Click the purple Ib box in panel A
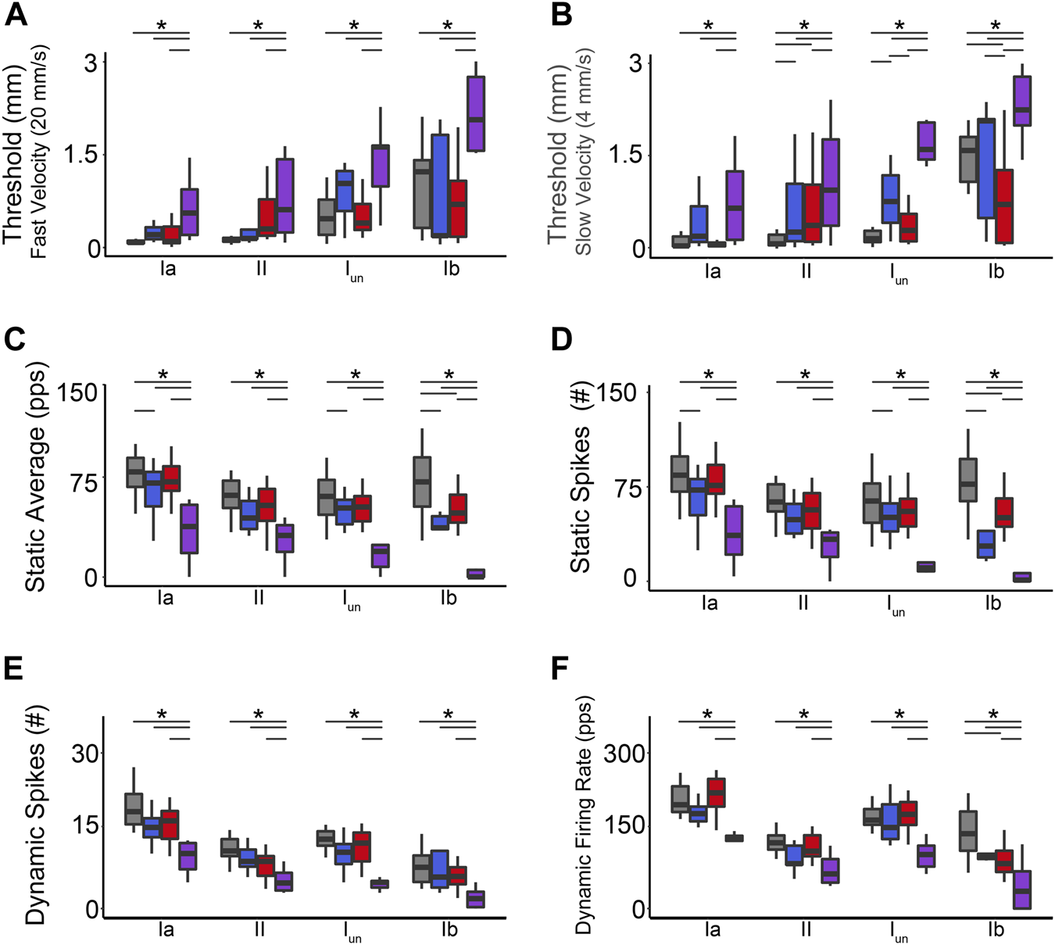tap(476, 114)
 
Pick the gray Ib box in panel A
tap(422, 194)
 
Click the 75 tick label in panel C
tap(78, 482)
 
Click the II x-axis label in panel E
tap(259, 929)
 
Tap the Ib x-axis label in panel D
tap(993, 603)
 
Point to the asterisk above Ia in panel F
tap(707, 714)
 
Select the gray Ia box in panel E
tap(134, 808)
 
